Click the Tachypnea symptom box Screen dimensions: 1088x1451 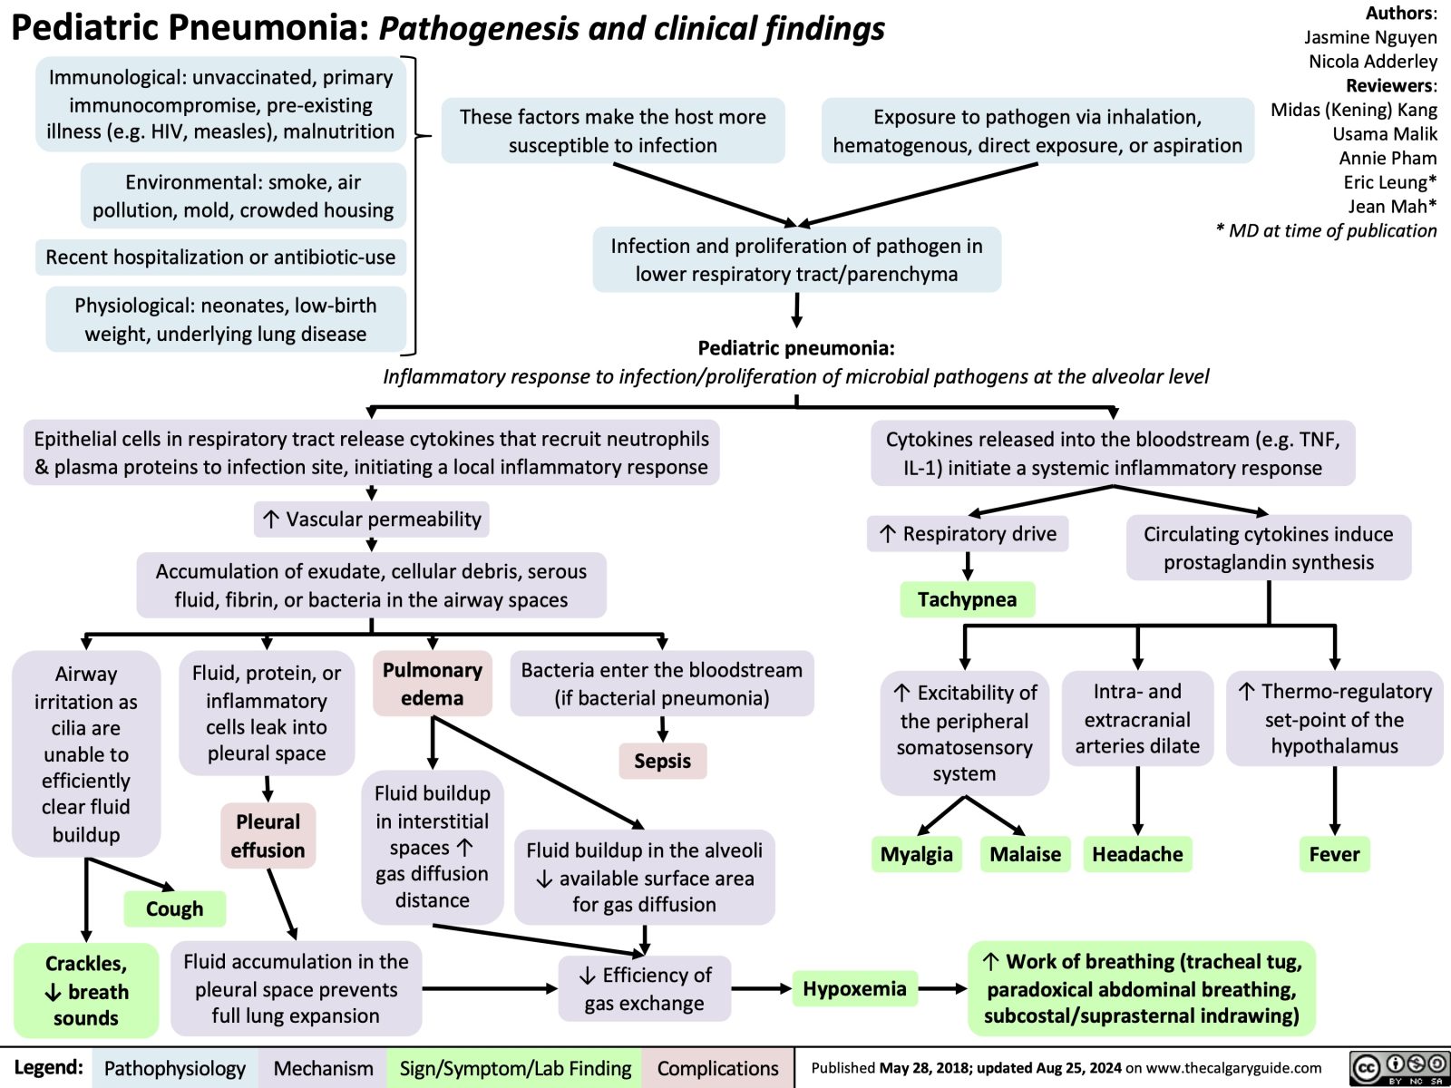coord(967,599)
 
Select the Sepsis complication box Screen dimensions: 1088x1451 coord(662,761)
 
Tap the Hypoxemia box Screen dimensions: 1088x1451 coord(854,988)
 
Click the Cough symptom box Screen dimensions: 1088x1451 coord(174,908)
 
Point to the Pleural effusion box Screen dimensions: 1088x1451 coord(268,836)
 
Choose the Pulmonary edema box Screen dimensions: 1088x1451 coord(433,684)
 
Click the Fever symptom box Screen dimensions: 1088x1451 coord(1334,854)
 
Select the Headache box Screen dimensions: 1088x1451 coord(1137,854)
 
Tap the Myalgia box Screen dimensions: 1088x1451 coord(916,854)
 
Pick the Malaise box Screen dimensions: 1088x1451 coord(1025,854)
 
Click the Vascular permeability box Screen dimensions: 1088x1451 coord(372,519)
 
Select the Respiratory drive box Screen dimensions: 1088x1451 coord(968,533)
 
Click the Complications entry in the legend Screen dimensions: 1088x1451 coord(717,1068)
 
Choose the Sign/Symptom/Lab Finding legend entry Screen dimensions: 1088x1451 coord(515,1068)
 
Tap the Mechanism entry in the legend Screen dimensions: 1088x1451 coord(323,1068)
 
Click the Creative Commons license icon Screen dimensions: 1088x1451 coord(1397,1068)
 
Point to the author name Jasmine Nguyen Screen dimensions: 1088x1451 coord(1370,37)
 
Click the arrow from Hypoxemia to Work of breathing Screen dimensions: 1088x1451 coord(944,988)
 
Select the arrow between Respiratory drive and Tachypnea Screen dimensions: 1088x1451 coord(969,566)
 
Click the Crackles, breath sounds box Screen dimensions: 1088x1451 coord(85,990)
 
